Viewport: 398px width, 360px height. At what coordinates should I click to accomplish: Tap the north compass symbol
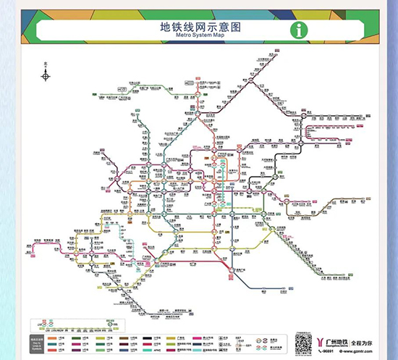pos(46,75)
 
